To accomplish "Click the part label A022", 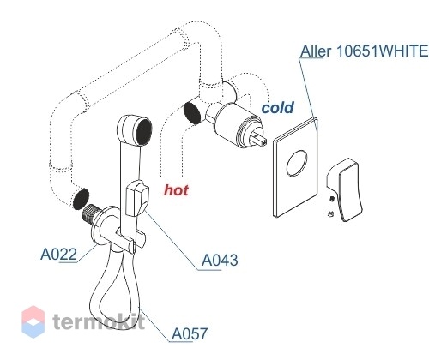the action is pyautogui.click(x=58, y=254).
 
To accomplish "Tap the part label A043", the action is pyautogui.click(x=220, y=260).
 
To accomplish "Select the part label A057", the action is pyautogui.click(x=190, y=333).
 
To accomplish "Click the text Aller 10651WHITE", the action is pyautogui.click(x=364, y=51).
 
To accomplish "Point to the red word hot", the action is pyautogui.click(x=176, y=190).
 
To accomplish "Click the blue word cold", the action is pyautogui.click(x=277, y=108).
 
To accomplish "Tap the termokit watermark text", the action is pyautogui.click(x=99, y=321).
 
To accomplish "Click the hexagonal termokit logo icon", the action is pyautogui.click(x=33, y=321).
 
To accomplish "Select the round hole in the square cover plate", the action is pyautogui.click(x=297, y=163).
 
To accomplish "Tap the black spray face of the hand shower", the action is pyautogui.click(x=144, y=132).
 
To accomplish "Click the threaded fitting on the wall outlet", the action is pyautogui.click(x=90, y=214).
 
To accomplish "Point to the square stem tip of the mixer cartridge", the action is pyautogui.click(x=261, y=140).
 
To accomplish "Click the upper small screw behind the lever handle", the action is pyautogui.click(x=332, y=199).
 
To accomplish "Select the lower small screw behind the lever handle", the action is pyautogui.click(x=331, y=213).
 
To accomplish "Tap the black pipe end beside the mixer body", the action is pyautogui.click(x=192, y=113).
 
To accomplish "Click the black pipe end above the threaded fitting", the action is pyautogui.click(x=81, y=199).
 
